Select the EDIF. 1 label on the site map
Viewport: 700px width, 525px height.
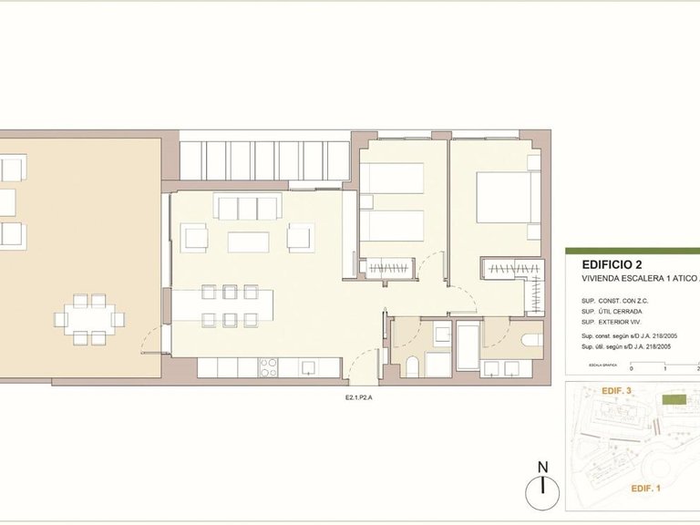[645, 489]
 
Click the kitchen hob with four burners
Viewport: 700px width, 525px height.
[270, 367]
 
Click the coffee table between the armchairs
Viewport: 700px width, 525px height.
[248, 242]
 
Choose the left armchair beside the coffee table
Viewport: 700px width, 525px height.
[196, 238]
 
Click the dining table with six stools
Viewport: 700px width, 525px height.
[222, 304]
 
